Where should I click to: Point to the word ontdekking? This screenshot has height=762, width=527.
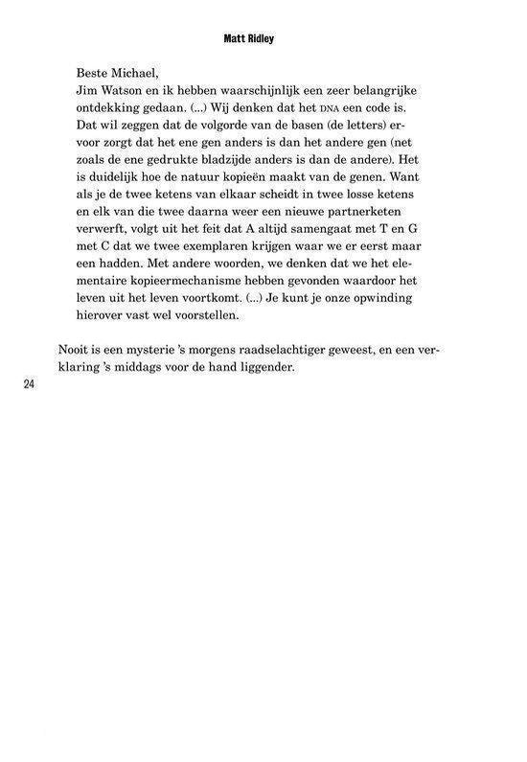tap(108, 107)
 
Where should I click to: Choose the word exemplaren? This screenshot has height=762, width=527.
tap(208, 246)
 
